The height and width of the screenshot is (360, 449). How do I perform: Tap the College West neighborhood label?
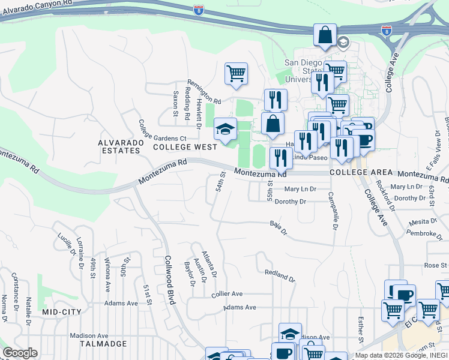pos(185,147)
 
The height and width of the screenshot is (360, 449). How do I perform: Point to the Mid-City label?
pos(62,313)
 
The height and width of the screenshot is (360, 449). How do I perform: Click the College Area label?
pos(357,172)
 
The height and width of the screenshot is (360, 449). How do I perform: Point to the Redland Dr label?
pos(280,275)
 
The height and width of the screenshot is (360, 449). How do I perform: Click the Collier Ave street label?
pos(227,294)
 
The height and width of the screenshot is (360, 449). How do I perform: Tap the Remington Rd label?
pos(203,90)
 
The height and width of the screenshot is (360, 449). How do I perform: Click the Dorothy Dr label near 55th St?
pos(291,202)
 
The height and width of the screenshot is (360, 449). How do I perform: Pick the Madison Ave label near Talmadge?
pos(88,335)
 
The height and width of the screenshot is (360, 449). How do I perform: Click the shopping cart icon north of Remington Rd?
pos(237,74)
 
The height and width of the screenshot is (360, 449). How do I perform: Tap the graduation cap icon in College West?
pos(226,130)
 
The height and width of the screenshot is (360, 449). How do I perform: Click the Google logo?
pos(20,353)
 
